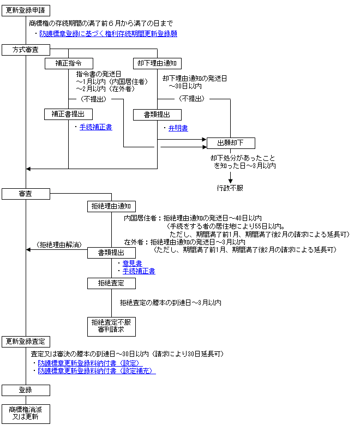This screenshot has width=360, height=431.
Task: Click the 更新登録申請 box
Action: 26,10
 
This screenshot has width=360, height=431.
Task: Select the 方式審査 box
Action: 26,50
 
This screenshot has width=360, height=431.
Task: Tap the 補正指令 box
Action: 69,63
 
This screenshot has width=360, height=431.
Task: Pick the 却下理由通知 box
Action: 157,63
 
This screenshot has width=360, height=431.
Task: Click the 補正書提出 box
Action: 68,115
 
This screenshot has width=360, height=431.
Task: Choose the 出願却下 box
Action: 231,143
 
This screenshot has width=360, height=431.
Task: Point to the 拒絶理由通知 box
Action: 112,206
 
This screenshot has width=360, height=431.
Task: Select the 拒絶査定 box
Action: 112,283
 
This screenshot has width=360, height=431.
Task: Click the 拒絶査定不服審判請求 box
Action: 112,327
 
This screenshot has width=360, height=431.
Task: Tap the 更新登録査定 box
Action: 26,342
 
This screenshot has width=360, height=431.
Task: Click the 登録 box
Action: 26,390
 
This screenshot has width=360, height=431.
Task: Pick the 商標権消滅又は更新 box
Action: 26,414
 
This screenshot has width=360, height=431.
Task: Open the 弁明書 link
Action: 178,128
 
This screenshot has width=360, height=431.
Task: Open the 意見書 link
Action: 132,264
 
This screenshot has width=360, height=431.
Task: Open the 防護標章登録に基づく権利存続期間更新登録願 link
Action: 109,34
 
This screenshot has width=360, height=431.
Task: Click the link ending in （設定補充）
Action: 97,371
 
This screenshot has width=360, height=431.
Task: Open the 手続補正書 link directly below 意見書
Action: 139,271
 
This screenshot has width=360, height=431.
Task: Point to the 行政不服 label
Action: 230,188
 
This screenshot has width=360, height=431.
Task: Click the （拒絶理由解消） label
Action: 59,244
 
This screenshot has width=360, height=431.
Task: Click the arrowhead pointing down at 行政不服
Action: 231,181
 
